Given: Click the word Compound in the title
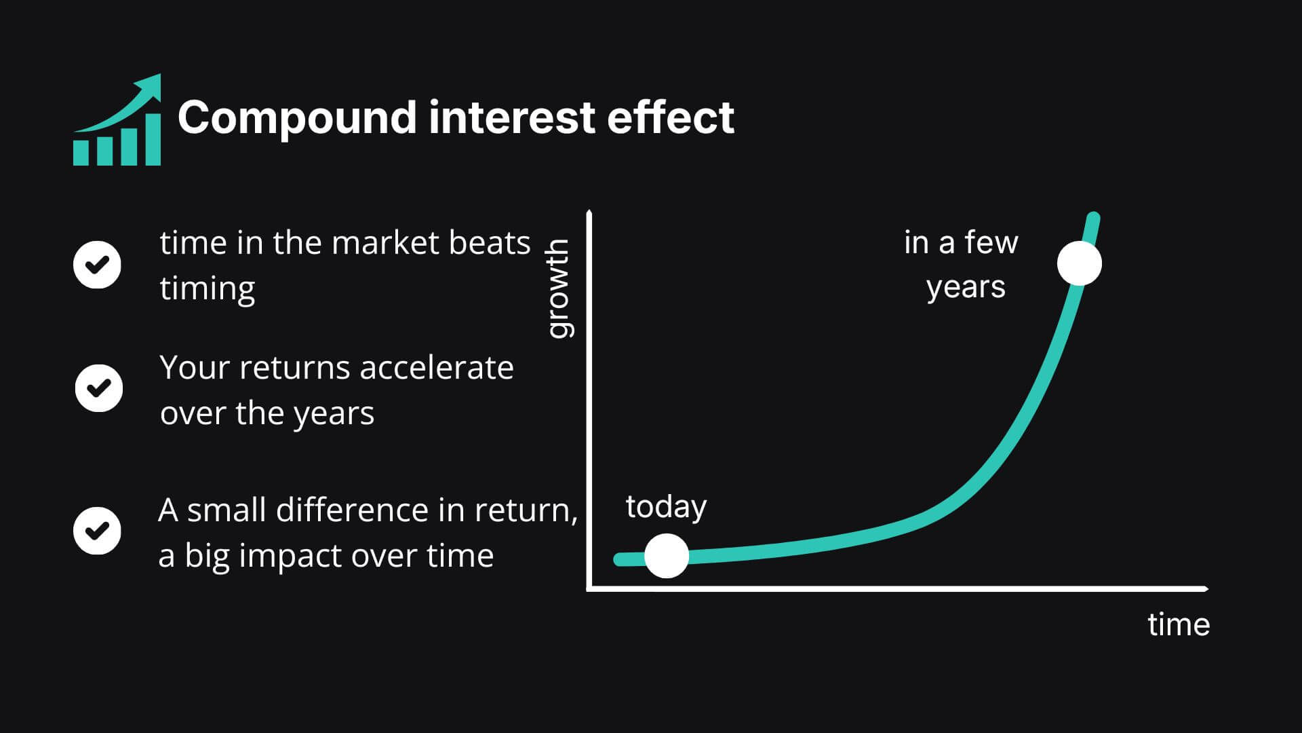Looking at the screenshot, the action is pos(297,118).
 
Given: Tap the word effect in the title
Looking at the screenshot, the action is pos(671,117).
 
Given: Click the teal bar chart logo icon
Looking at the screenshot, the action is pos(117,119).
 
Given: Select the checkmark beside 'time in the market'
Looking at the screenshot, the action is pos(97,265).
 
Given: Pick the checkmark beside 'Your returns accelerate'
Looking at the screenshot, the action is pos(99,388).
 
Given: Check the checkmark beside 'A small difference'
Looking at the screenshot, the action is pos(97,531).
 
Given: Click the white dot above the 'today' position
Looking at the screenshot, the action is pos(667,556).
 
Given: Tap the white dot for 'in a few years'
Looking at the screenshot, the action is pos(1080,263).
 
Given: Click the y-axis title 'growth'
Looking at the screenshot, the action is pos(558,288).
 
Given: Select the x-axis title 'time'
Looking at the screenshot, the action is pos(1179,624).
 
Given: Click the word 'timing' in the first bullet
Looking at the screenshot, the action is pos(208,289).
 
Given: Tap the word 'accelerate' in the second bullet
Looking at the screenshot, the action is pos(437,368).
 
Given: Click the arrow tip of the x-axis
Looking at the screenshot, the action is pos(1208,588).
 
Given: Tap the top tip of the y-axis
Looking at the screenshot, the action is pos(589,212).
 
